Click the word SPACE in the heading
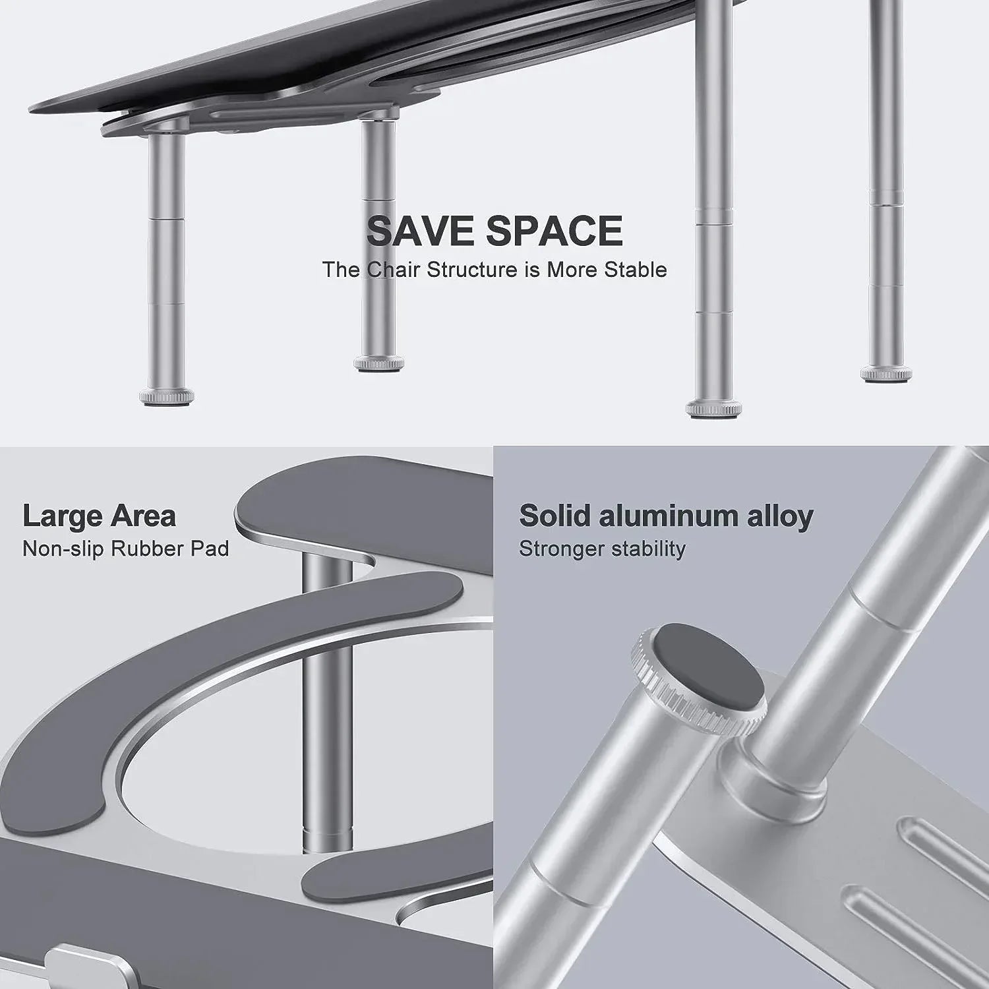point(554,231)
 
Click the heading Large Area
point(99,516)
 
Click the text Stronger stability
point(602,549)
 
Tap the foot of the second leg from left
point(378,363)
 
